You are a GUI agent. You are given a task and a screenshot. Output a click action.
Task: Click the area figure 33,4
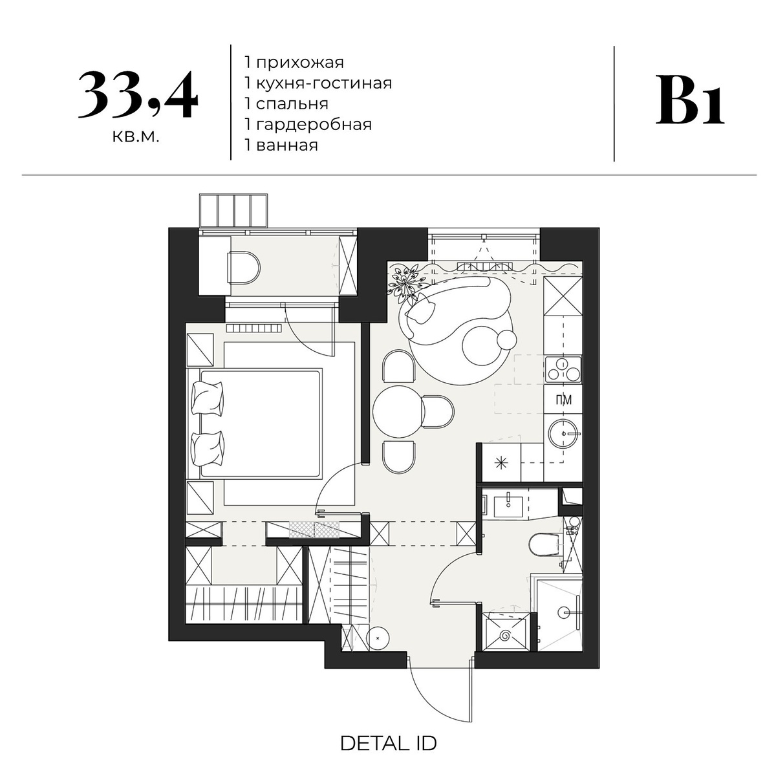(138, 96)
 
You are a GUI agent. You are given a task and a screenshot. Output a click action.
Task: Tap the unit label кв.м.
(136, 137)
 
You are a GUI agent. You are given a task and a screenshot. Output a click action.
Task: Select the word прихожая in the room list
(299, 63)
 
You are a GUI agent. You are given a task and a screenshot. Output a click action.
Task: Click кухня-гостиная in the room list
(324, 83)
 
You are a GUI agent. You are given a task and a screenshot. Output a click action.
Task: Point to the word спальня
(292, 104)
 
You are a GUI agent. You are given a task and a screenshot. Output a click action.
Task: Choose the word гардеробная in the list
(314, 124)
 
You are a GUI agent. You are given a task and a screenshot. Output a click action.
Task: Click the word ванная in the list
(286, 145)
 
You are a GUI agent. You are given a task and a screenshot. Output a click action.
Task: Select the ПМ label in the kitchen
(563, 400)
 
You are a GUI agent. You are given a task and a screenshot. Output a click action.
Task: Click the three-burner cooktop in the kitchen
(563, 369)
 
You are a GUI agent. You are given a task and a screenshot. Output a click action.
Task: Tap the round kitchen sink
(564, 434)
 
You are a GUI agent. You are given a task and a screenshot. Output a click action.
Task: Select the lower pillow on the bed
(208, 449)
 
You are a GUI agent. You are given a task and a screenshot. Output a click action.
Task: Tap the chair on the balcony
(244, 267)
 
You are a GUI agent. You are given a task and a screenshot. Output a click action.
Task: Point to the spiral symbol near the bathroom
(506, 636)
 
